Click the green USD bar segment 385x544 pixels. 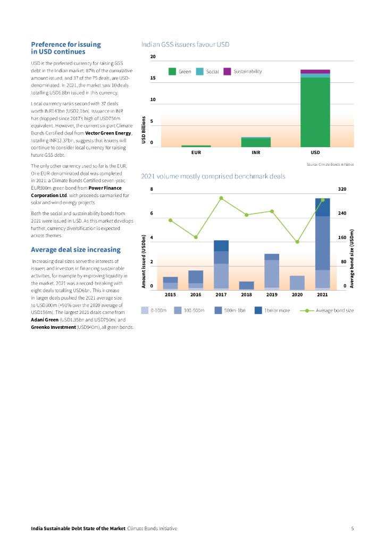tap(315, 112)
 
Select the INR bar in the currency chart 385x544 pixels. tap(256, 142)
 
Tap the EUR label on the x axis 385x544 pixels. tap(196, 152)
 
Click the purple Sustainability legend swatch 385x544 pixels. tap(227, 71)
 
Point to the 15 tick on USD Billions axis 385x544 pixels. tap(153, 78)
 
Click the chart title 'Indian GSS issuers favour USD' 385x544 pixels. tap(185, 45)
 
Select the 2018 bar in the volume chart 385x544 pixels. tap(247, 285)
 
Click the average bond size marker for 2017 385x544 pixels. tap(221, 198)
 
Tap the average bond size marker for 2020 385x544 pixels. tap(297, 242)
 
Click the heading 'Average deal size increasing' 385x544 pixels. tap(76, 250)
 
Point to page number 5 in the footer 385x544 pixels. tap(353, 529)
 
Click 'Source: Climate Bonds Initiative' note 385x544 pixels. tap(330, 165)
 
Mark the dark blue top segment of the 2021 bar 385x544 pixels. tap(322, 207)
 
